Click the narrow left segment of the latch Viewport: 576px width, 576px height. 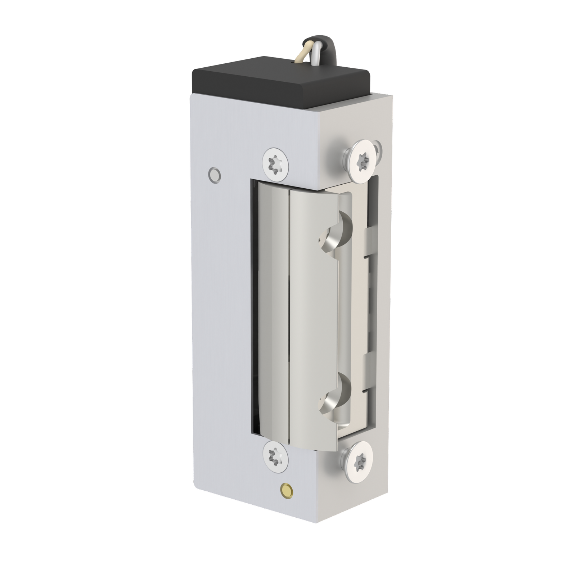click(272, 310)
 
